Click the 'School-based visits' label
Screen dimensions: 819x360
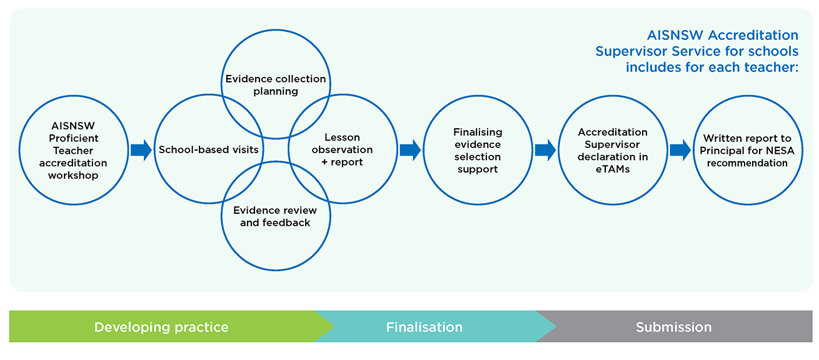coord(208,149)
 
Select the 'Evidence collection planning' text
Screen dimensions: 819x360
coord(275,85)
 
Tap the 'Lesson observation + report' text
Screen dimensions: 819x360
coord(342,149)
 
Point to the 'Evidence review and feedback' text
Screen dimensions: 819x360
coord(275,216)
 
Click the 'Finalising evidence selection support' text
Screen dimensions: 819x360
coord(478,151)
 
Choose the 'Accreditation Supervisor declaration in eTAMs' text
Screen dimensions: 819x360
coord(613,151)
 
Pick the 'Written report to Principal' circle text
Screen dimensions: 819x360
coord(747,151)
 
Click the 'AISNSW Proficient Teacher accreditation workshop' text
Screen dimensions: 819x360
coord(73,151)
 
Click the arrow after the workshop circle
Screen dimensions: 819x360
coord(141,150)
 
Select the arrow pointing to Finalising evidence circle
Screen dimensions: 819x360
coord(410,150)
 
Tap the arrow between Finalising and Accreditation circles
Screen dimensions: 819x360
coord(545,150)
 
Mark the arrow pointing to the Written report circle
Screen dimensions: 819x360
coord(680,150)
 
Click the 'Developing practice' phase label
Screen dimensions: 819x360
coord(161,327)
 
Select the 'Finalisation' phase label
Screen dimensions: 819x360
coord(424,327)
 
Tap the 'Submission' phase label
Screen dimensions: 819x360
coord(673,327)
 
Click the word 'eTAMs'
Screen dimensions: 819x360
coord(613,169)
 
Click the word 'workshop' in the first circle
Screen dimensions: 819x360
coord(73,176)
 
